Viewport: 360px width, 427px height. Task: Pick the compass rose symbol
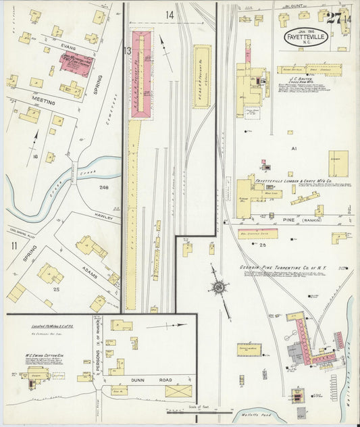coord(219,287)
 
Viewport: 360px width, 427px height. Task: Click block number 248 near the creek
coord(104,186)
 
